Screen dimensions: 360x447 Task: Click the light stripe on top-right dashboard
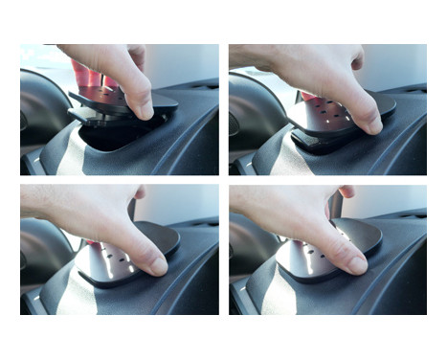281,159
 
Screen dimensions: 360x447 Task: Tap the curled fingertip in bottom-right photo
345,194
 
